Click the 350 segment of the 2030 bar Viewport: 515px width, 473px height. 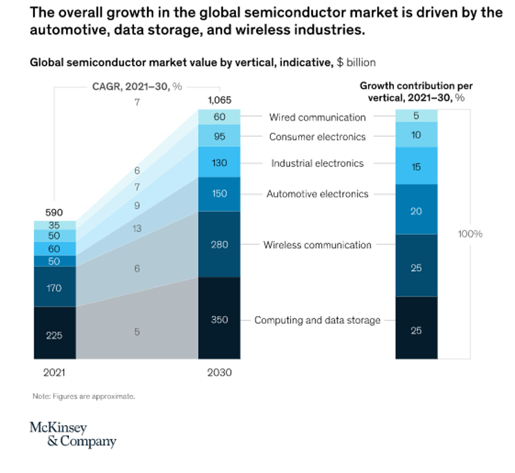click(219, 320)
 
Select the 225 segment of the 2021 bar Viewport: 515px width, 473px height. click(54, 334)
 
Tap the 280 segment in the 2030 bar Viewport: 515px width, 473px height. click(219, 244)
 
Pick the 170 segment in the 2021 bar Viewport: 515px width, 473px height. click(54, 287)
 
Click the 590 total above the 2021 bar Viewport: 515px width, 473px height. click(54, 212)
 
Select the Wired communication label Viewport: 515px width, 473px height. click(317, 117)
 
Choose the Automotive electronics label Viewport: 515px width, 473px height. click(317, 194)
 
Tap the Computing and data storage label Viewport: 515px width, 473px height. click(317, 320)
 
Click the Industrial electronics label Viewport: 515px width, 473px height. click(317, 163)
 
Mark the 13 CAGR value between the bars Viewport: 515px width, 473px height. click(137, 229)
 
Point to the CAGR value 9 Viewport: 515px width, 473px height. click(137, 206)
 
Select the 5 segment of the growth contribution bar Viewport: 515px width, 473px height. click(416, 115)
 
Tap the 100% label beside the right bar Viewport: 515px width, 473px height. click(470, 234)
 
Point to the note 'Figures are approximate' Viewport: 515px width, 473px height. click(83, 396)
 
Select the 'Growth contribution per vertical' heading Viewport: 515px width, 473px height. click(415, 90)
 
